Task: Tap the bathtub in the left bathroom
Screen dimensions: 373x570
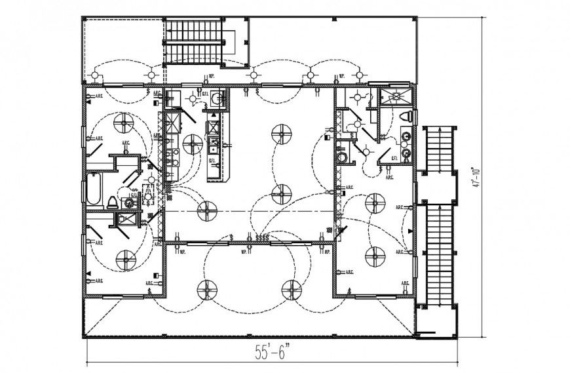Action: point(93,190)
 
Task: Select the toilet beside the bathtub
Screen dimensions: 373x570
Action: point(113,202)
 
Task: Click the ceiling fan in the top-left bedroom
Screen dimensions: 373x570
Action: point(122,123)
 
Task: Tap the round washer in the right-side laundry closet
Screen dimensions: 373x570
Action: point(341,158)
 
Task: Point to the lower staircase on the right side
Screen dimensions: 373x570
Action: point(435,256)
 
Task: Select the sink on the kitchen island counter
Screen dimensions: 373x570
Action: point(214,144)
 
